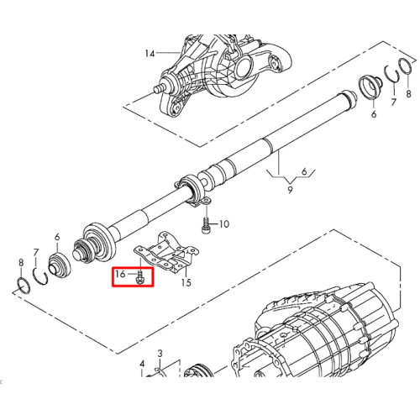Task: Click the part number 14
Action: coord(150,53)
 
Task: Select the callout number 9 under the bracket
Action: coord(290,190)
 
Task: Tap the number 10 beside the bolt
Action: coord(224,224)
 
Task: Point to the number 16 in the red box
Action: coord(120,274)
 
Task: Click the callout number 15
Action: coord(186,282)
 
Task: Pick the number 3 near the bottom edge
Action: coord(160,354)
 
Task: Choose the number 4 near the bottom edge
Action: coord(142,364)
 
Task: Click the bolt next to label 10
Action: coord(206,226)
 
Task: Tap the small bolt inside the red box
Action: coord(140,277)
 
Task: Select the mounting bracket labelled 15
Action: coord(165,253)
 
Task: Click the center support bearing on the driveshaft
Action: coord(192,191)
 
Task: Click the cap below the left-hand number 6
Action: coord(59,266)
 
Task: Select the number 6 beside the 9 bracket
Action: coord(304,171)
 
